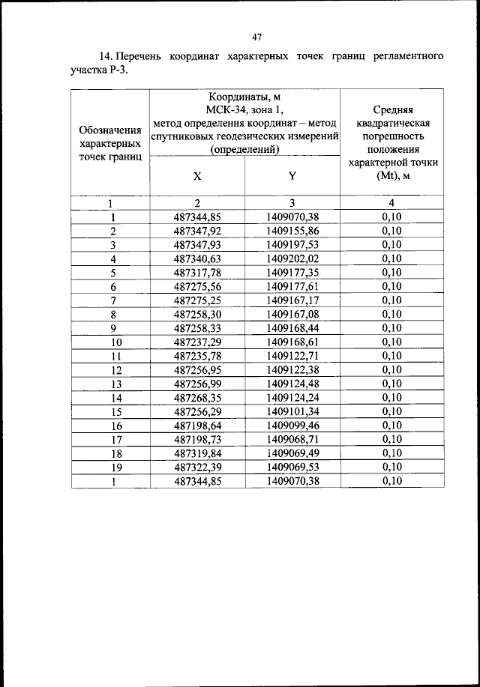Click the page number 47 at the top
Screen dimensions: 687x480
pos(256,36)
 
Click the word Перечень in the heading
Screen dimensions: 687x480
pos(142,57)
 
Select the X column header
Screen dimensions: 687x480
pos(197,177)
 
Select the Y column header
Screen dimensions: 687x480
pos(292,177)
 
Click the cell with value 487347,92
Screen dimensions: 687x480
pos(197,231)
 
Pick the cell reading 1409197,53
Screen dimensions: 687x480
pos(292,245)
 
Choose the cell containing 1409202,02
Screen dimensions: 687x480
pos(292,258)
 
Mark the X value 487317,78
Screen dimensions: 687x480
pos(197,273)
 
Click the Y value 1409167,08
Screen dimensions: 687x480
pos(292,314)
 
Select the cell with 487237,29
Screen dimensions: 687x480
pos(197,342)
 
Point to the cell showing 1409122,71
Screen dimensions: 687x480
pos(292,356)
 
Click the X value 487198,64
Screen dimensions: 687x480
pos(197,426)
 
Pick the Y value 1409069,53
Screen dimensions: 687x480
pos(292,467)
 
